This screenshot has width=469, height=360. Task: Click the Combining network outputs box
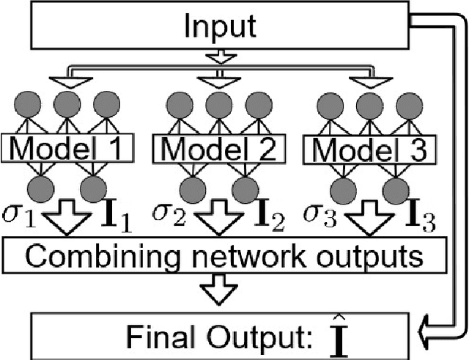(x=223, y=257)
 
